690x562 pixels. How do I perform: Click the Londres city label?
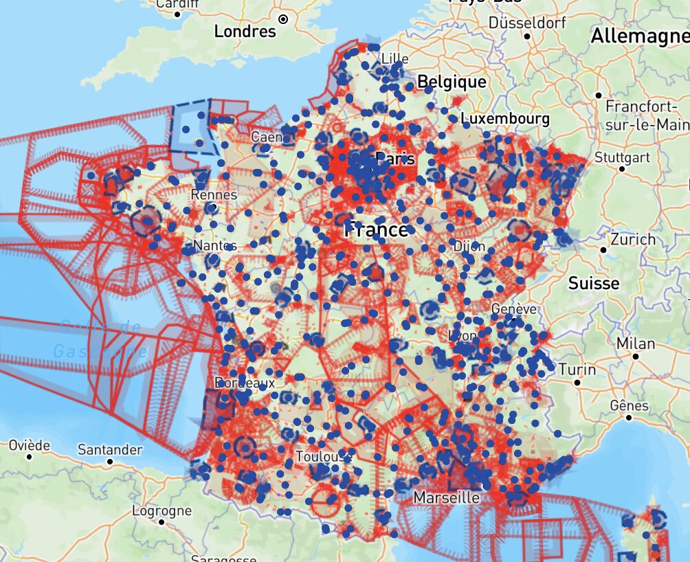coord(245,31)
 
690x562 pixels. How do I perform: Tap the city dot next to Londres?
coord(283,19)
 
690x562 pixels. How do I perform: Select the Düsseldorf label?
coord(528,22)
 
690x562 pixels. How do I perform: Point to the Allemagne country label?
coord(639,36)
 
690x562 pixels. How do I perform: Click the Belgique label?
coord(452,82)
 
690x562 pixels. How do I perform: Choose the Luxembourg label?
coord(506,118)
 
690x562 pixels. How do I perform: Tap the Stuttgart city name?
coord(622,157)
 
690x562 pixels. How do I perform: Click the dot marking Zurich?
coord(603,250)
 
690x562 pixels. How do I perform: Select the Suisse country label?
coord(593,283)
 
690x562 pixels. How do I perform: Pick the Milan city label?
coord(636,343)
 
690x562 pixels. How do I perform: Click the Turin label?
coord(577,369)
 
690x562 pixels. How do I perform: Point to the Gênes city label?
coord(629,405)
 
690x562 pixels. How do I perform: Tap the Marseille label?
coord(446,497)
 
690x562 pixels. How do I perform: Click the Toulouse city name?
coord(323,457)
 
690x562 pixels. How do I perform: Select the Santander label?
coord(110,450)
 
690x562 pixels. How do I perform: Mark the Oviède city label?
coord(29,445)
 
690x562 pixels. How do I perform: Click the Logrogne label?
coord(162,510)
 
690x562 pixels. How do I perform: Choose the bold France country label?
coord(377,229)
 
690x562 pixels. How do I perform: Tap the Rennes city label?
coord(214,194)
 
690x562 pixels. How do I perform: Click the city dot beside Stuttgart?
coord(622,168)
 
